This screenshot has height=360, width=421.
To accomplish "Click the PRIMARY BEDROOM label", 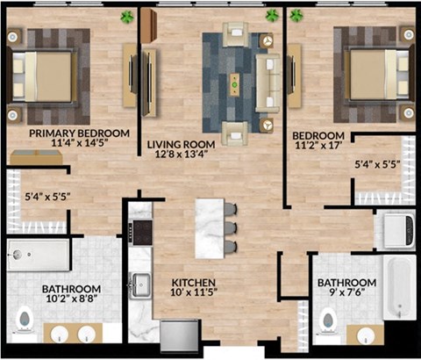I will coord(79,133).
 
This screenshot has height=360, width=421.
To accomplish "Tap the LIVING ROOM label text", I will coord(182,144).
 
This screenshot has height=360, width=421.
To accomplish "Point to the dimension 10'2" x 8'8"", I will coord(71,299).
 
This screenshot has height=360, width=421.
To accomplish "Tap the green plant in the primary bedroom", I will coord(128,16).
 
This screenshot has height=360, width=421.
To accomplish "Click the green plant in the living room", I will coord(272,15).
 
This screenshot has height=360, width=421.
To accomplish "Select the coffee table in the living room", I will coord(234,83).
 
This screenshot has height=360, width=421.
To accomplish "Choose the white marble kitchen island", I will coord(210,227).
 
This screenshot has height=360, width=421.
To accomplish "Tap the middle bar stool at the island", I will coord(231,227).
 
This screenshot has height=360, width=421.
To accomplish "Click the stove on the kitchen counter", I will coord(140,234).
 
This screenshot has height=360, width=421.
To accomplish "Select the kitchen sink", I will coord(140,286).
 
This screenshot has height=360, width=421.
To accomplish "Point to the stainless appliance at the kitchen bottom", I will coord(181,335).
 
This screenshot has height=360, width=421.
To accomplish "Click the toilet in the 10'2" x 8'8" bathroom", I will coord(25,320).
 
